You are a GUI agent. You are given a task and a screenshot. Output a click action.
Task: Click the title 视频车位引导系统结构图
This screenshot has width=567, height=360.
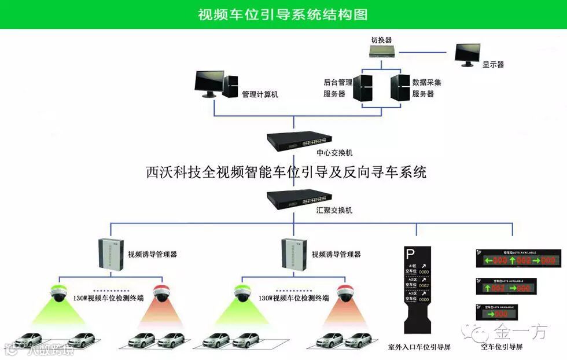coord(283,14)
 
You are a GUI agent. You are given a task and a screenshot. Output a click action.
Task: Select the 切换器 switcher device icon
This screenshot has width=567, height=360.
coord(381,52)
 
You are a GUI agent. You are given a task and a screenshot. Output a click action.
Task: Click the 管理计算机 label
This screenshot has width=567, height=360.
coord(260,94)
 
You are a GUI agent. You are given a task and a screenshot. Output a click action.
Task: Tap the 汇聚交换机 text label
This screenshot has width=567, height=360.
coord(334,211)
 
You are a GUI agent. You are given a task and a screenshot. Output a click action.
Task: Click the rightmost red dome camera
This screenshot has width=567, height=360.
coord(345,293)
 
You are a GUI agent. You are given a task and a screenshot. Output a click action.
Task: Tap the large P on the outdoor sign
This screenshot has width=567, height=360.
coord(410,253)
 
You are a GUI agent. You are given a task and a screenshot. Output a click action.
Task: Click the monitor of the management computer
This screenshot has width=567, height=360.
coord(209,82)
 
